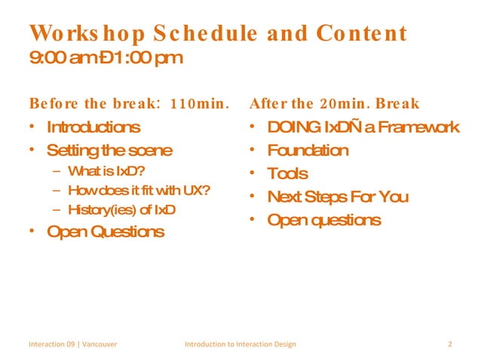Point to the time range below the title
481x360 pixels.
click(106, 58)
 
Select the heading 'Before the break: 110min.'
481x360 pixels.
click(128, 103)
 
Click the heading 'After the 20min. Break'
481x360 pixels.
click(335, 103)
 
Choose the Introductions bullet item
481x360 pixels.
click(93, 127)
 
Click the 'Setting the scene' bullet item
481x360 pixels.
click(109, 150)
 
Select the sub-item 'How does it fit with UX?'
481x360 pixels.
click(138, 190)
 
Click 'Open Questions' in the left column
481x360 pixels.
click(105, 231)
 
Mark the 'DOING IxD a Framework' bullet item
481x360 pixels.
click(363, 127)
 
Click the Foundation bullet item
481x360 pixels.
click(308, 150)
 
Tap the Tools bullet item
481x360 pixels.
click(287, 173)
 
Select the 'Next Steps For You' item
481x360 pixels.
click(338, 197)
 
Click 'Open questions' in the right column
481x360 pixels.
click(323, 220)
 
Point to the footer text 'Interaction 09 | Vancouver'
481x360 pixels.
click(72, 344)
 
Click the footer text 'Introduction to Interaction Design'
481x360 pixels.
click(240, 344)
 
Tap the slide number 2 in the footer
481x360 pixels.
click(449, 344)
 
